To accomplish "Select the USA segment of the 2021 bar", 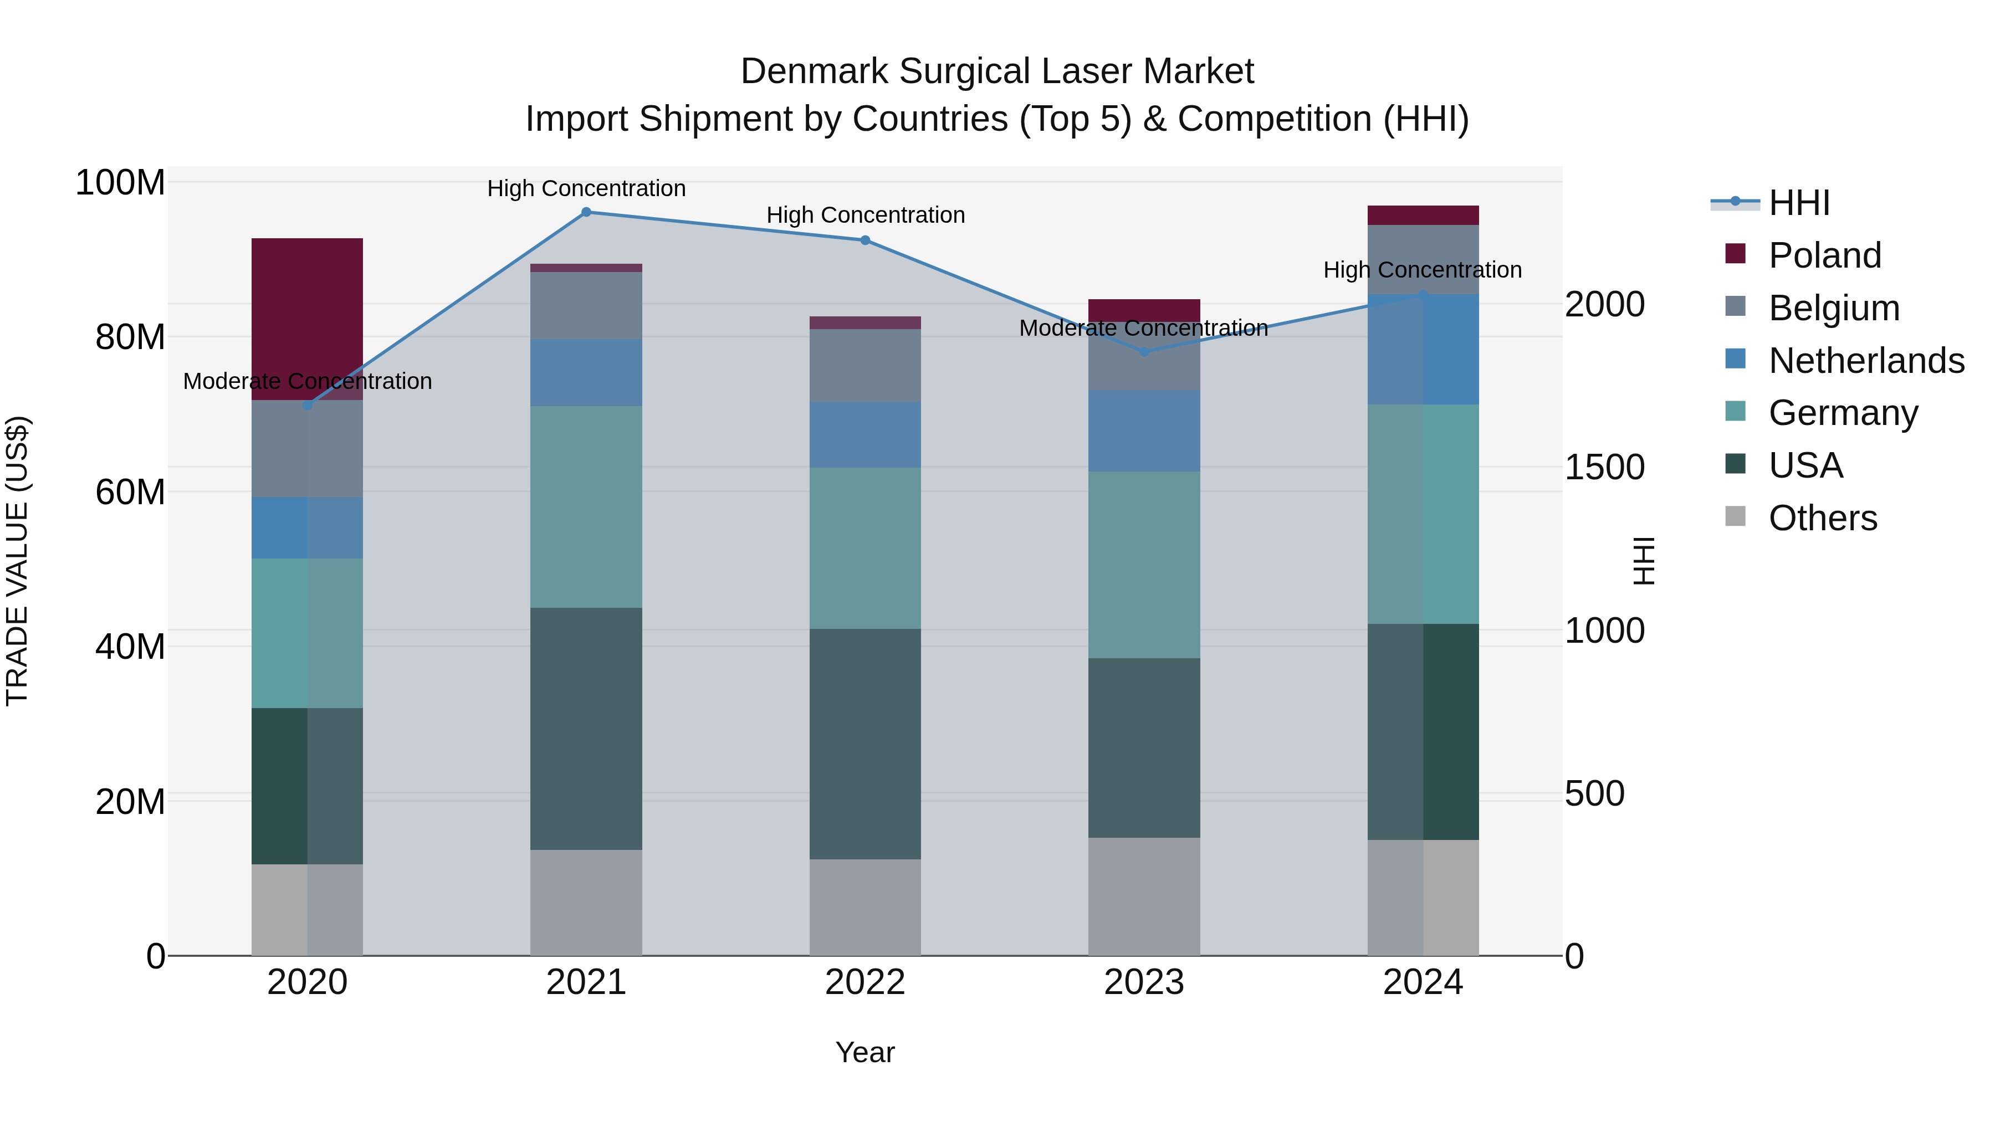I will tap(586, 728).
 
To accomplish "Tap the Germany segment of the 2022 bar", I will tap(864, 547).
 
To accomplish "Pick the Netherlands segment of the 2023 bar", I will tap(1143, 431).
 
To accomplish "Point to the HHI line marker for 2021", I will tap(586, 212).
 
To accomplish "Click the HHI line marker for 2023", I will tap(1144, 351).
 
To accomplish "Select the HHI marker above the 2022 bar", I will tap(864, 240).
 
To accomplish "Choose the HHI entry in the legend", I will tap(1798, 203).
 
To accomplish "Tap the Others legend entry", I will tap(1822, 518).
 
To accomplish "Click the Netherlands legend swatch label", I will tap(1865, 360).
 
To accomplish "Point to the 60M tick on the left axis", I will tap(130, 491).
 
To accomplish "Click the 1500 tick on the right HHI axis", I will tap(1604, 467).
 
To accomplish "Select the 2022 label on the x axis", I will tap(864, 982).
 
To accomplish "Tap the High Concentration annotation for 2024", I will tap(1422, 269).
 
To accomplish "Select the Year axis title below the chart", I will tap(864, 1052).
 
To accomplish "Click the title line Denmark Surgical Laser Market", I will tap(997, 71).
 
